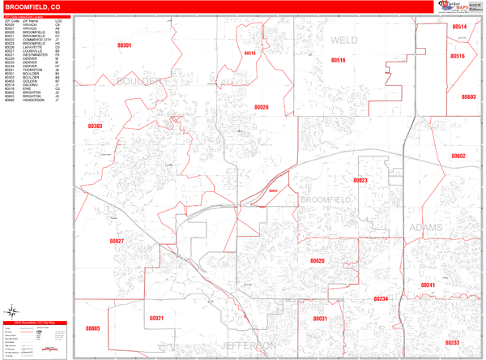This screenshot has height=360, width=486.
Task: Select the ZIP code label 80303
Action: click(95, 126)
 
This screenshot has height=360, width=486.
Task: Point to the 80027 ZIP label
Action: click(117, 241)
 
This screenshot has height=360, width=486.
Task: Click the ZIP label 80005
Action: click(92, 328)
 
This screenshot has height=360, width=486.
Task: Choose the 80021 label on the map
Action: click(156, 318)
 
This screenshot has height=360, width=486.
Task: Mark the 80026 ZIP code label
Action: click(261, 107)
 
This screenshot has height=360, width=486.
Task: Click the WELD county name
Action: click(343, 39)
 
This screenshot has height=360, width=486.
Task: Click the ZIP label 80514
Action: click(459, 27)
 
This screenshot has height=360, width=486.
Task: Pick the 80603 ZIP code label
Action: click(467, 96)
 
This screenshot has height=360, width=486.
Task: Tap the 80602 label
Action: click(459, 155)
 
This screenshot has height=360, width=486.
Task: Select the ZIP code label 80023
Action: click(360, 180)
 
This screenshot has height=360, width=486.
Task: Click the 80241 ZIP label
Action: click(428, 285)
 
